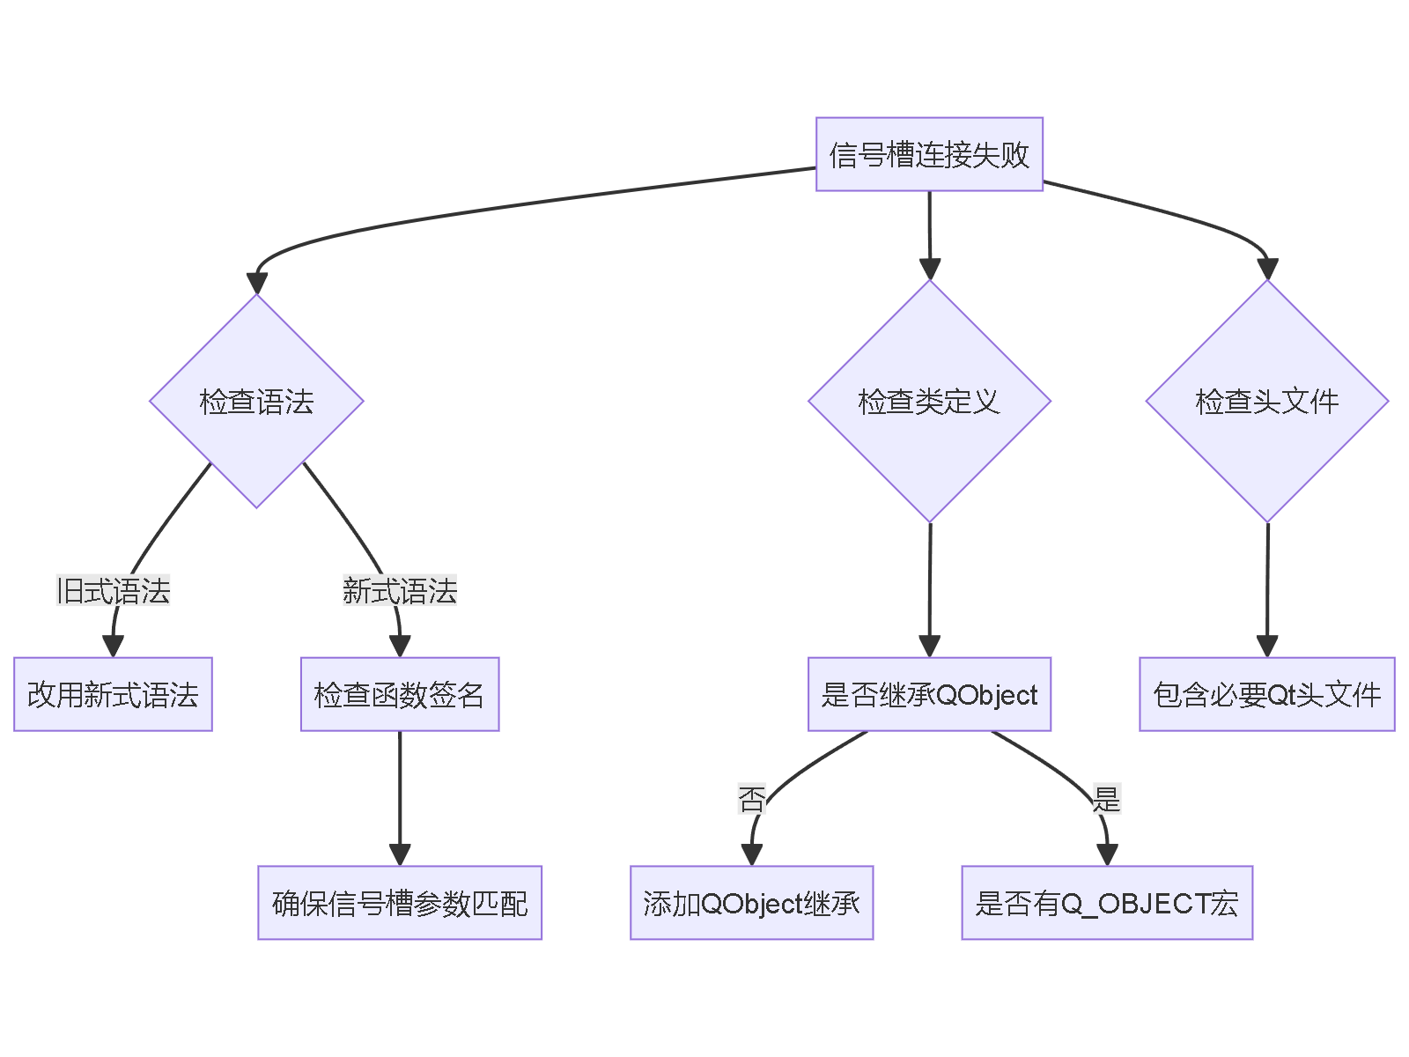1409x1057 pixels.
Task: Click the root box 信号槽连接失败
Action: click(x=929, y=154)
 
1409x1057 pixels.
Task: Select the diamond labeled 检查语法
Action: click(x=256, y=401)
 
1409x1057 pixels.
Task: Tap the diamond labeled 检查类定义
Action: click(x=929, y=401)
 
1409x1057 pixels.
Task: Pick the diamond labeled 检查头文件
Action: click(x=1266, y=401)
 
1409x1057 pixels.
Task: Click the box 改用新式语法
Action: click(x=113, y=694)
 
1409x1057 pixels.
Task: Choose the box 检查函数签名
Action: click(x=399, y=694)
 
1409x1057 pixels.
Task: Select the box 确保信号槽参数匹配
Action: click(x=399, y=903)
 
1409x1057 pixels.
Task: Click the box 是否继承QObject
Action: click(x=929, y=694)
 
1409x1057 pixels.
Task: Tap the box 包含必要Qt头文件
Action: click(x=1266, y=694)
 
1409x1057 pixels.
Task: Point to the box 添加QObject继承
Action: click(x=751, y=903)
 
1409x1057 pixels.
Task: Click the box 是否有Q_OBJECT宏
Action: click(x=1106, y=903)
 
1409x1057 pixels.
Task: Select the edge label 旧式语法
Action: click(x=113, y=590)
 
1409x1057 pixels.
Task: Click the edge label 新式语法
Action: click(x=399, y=590)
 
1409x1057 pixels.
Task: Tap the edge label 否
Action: click(x=751, y=799)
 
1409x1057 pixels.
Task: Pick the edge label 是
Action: click(x=1106, y=799)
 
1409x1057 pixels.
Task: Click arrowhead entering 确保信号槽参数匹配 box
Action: click(x=400, y=854)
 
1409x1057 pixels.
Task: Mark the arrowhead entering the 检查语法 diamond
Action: click(x=256, y=283)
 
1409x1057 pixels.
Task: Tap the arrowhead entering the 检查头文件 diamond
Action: click(x=1267, y=269)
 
